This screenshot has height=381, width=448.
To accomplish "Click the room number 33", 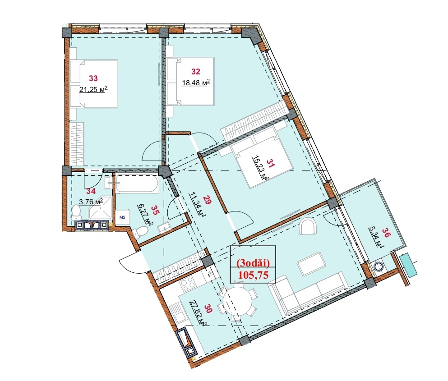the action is point(93,78).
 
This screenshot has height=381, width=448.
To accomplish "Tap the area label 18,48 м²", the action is point(196,83).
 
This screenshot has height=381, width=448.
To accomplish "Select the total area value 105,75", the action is point(253,275).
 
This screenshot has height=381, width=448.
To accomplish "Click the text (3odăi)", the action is point(252,262).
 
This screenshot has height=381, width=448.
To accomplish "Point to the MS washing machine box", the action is point(122,217).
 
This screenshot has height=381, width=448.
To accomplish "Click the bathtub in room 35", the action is point(137,184).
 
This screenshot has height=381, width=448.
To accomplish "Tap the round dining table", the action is point(238,301).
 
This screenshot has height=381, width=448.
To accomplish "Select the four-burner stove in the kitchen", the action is point(188,285).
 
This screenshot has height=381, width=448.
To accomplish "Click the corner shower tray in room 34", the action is point(100,208).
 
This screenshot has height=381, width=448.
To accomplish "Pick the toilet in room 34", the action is point(76,212).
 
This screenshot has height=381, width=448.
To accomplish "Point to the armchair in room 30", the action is point(308,226).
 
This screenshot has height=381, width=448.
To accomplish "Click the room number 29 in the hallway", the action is point(208,200).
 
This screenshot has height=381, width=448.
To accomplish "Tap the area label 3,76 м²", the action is point(91,202).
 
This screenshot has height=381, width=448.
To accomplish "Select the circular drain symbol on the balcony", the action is point(379,266).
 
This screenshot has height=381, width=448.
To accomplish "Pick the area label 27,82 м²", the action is point(200,312).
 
